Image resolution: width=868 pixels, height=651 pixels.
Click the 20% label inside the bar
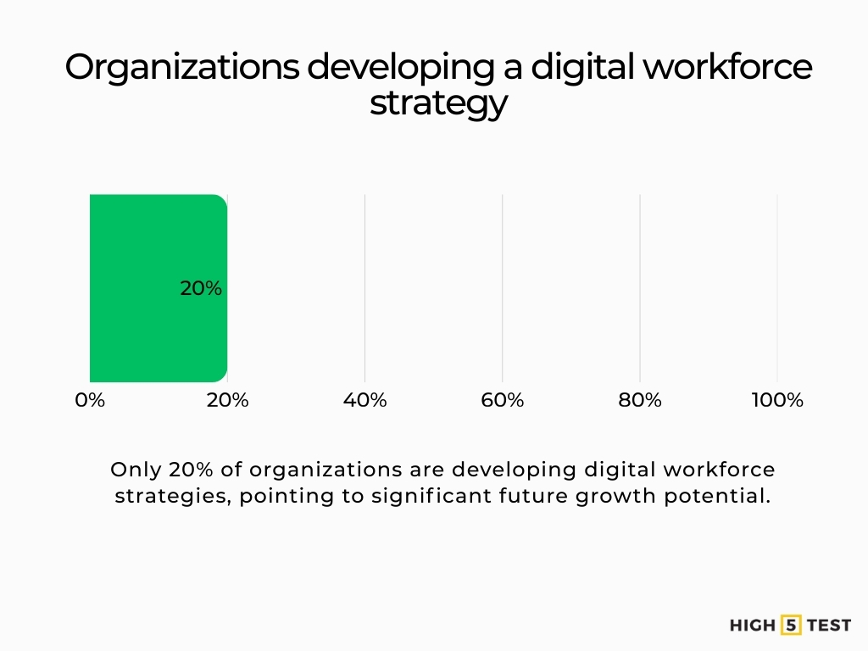201,288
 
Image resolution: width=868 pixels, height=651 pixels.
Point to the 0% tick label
90,400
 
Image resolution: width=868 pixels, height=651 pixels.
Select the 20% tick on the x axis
227,400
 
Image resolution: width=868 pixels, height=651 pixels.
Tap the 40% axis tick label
364,400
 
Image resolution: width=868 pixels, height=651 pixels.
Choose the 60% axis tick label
502,400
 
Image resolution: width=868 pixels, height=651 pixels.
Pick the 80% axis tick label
639,400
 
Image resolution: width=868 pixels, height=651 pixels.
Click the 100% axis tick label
776,400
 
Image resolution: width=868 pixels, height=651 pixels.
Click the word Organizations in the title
181,68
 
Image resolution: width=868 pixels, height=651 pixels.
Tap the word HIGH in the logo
752,626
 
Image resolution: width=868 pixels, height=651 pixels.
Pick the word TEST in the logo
828,626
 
